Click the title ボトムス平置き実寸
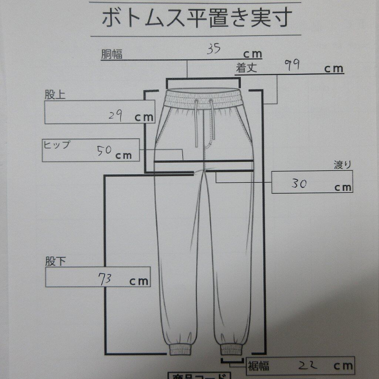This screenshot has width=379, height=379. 197,19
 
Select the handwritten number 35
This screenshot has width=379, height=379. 214,49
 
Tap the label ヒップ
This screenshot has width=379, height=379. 57,145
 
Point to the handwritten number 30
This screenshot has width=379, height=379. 299,184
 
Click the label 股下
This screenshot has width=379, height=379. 56,262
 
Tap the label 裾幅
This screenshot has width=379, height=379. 259,366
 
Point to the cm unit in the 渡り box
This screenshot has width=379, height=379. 343,187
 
